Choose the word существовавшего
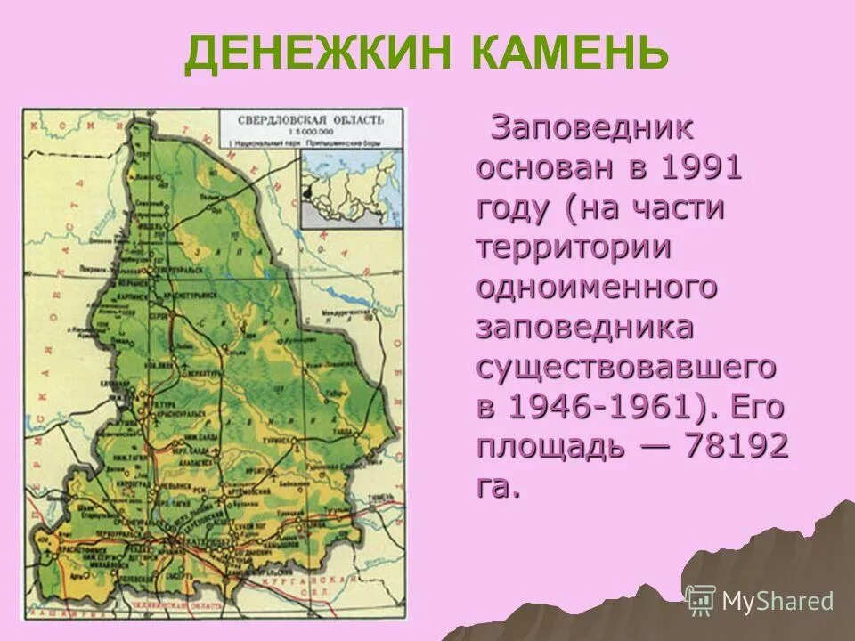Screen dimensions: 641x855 (x=627, y=367)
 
